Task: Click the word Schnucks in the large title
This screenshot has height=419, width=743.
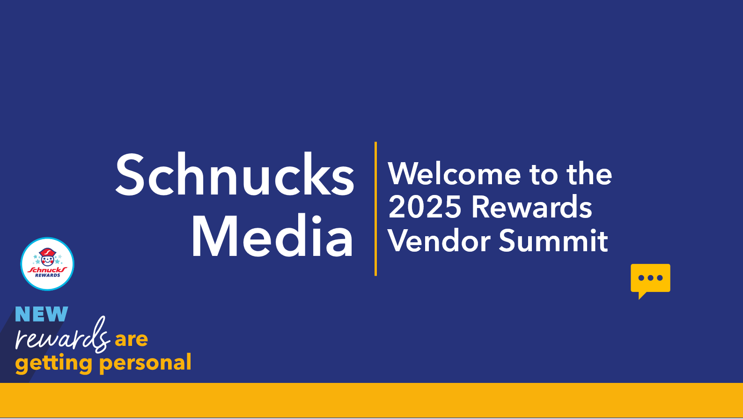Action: coord(235,174)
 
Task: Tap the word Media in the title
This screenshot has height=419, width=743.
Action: coord(272,236)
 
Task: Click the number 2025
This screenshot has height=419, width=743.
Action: coord(425,207)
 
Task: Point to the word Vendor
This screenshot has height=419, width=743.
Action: coord(439,240)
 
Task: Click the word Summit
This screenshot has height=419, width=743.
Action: coord(553,240)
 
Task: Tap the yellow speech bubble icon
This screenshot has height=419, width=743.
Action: coord(650,281)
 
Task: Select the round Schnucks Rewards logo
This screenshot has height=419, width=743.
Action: coord(47,264)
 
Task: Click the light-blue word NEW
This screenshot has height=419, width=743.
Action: coord(42,314)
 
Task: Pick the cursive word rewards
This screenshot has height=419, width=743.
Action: coord(62,335)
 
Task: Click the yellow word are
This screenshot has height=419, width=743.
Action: coord(132,339)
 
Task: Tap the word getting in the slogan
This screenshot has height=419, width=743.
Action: coord(54,363)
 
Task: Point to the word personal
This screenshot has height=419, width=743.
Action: coord(145,363)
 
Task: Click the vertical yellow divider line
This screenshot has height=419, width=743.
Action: coord(375,209)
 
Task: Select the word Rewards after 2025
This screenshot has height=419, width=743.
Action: coord(532,207)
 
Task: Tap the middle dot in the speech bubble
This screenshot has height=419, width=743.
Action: coord(650,278)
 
